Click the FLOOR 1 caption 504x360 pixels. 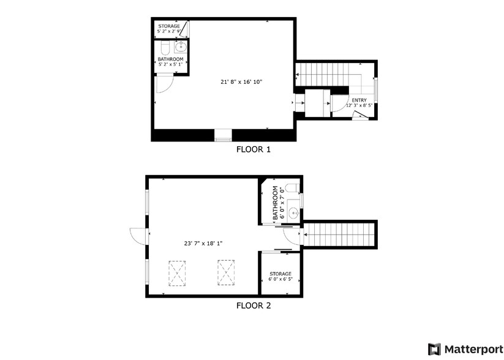coord(254,149)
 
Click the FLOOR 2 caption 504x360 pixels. coord(254,306)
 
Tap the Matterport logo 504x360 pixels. coord(465,350)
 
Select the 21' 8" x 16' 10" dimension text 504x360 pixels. coord(241,82)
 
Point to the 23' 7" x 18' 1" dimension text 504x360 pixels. coord(203,244)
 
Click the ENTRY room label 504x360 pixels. coord(359,100)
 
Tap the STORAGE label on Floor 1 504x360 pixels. coord(169,26)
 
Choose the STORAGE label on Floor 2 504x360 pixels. coord(280,274)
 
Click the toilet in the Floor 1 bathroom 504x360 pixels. coord(165,48)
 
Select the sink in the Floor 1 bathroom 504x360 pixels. coord(181,47)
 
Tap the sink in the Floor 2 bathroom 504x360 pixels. coord(293,212)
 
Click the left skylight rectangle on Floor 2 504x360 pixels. coord(177,274)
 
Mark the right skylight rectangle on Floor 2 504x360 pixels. coord(226,272)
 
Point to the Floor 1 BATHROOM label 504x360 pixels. coord(170,59)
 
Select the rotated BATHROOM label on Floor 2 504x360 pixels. coord(275,203)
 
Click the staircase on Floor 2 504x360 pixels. coord(339,234)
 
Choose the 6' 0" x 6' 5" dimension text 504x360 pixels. coord(280,279)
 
